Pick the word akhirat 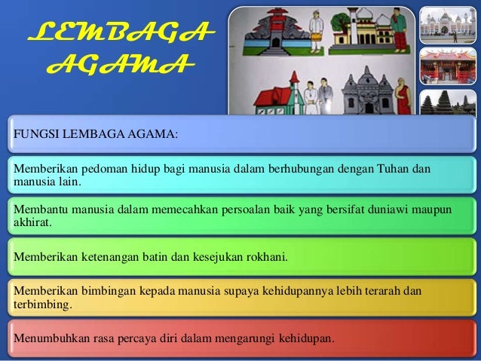click(x=29, y=224)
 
